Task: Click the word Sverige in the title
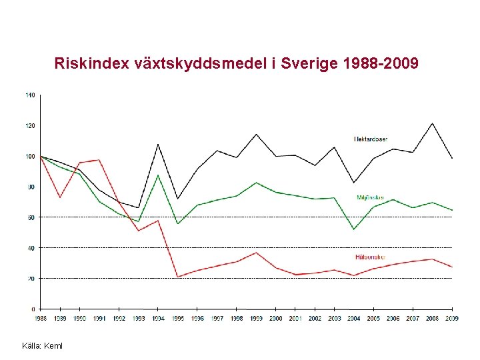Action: tap(309, 64)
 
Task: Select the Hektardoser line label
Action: tap(370, 139)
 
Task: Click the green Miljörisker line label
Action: tap(371, 197)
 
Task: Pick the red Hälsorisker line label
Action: tap(370, 257)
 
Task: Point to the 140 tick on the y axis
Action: tap(30, 95)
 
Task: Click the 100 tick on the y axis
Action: tap(30, 156)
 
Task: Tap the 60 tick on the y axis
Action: tap(31, 217)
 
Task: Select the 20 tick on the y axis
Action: tap(31, 279)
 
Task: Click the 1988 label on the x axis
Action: tap(41, 319)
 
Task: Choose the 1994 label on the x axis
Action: tap(158, 319)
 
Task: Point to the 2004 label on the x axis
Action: tap(354, 319)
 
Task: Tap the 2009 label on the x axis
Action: tap(452, 319)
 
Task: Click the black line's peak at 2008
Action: tap(432, 123)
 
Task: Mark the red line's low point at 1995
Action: tap(177, 277)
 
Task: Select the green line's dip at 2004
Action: tap(354, 229)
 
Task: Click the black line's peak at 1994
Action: tap(158, 144)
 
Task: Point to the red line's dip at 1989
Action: tap(60, 197)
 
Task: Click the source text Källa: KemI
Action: tap(43, 346)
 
